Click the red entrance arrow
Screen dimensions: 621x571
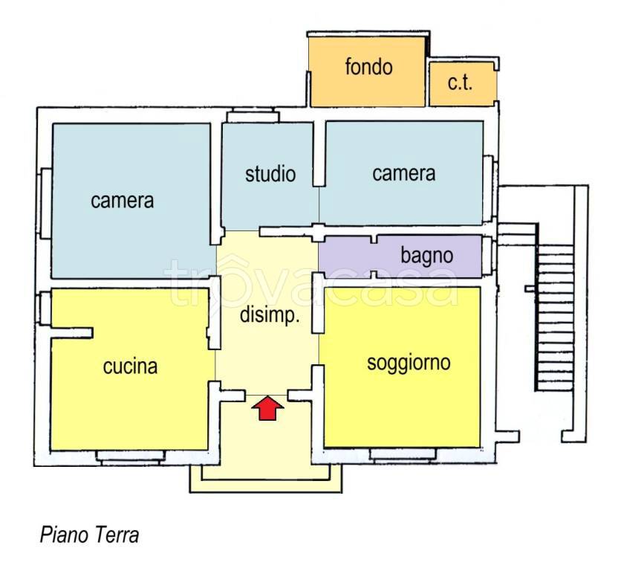[267, 407]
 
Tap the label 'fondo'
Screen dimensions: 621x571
[368, 67]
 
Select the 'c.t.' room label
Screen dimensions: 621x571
[460, 83]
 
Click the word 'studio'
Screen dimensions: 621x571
[270, 174]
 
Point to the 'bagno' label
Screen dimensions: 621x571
[427, 256]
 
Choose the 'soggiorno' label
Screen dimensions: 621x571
[409, 363]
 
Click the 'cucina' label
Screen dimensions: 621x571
[130, 367]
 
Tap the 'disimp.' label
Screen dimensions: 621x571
[270, 315]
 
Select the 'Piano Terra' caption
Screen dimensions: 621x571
[89, 535]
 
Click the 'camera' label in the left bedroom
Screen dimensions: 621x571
[122, 201]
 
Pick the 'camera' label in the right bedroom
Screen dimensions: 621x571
[404, 174]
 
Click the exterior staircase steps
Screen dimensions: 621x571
[554, 317]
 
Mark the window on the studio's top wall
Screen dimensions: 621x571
[253, 115]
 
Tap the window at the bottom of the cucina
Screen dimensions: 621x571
[131, 457]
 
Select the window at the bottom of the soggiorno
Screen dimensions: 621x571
[403, 455]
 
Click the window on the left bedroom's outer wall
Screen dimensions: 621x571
[45, 204]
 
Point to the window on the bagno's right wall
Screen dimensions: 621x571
[489, 257]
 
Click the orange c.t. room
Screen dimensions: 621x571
[463, 84]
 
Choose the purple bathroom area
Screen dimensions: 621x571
[400, 257]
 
